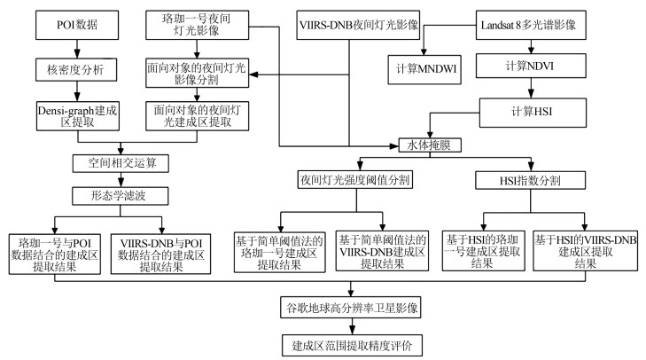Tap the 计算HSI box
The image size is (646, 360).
531,111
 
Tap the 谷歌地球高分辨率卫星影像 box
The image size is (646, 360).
352,309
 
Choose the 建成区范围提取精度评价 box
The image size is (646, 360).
352,342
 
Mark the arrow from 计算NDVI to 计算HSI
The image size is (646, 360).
531,90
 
